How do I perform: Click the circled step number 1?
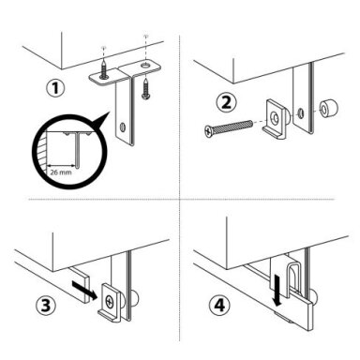coord(56,88)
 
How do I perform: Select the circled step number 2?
coord(227,103)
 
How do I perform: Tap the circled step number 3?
coord(46,306)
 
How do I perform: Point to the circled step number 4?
coord(219,306)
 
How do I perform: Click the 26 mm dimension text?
coord(61,172)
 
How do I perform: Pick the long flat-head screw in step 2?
coord(228,128)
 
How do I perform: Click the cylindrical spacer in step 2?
coord(328,109)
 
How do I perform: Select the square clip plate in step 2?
coord(276,119)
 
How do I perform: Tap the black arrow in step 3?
coord(82,288)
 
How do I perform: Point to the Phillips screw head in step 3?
coord(110,301)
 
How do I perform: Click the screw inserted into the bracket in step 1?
coord(104,69)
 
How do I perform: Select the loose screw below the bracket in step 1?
coord(145,90)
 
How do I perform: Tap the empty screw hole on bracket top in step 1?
coord(145,66)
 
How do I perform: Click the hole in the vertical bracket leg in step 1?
coord(122,127)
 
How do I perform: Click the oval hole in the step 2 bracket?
coord(300,112)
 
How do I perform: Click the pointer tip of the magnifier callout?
coord(110,112)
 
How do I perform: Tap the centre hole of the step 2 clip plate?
coord(276,118)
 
